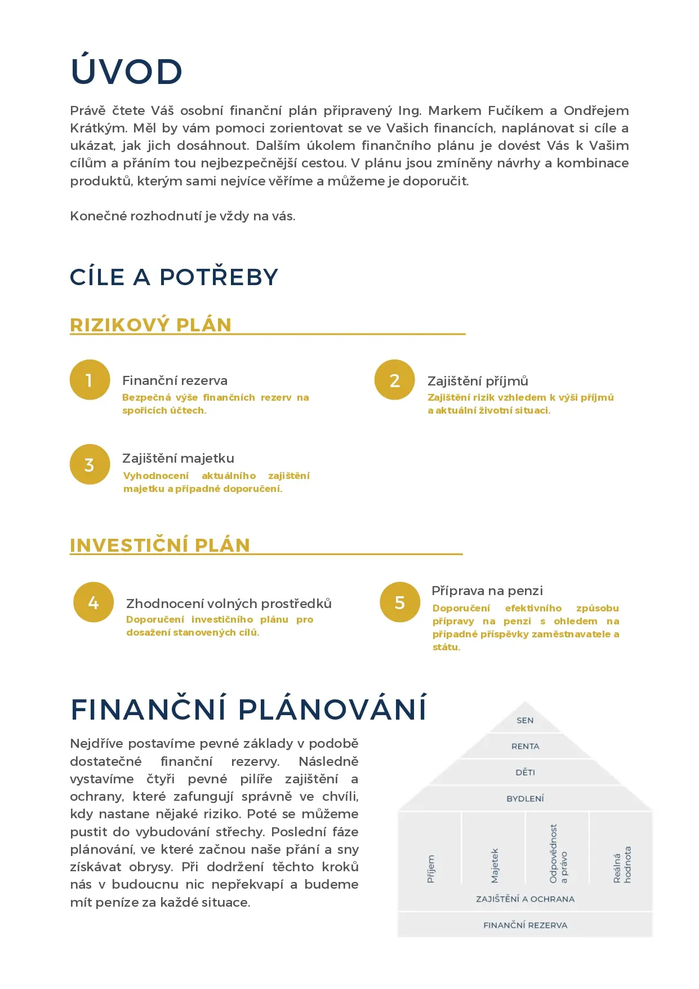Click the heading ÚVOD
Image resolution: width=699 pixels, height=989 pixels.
(x=126, y=72)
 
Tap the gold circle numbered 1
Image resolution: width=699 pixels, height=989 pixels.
(x=90, y=380)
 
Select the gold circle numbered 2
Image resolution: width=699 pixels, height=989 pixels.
(x=394, y=380)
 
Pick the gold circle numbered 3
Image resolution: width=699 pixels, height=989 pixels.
(x=90, y=464)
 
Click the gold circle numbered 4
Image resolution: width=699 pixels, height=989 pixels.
(x=94, y=602)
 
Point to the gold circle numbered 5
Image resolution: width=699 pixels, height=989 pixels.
(x=400, y=602)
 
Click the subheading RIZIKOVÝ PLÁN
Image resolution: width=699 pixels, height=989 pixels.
(x=150, y=325)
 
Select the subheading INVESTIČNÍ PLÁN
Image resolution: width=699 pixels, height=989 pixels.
(x=159, y=545)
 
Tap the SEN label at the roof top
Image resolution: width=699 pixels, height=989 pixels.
(x=525, y=720)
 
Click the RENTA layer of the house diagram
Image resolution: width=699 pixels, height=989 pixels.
(x=525, y=746)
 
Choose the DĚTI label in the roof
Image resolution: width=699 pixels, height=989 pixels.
(x=525, y=772)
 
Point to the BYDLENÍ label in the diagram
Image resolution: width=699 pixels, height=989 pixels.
(x=525, y=799)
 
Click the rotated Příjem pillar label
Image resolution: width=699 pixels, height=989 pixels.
(x=431, y=868)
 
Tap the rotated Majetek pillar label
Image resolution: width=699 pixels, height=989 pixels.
(x=495, y=866)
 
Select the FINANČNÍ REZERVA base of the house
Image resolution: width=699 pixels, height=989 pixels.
(x=525, y=925)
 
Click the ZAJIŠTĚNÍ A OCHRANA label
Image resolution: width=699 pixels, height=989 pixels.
(x=525, y=899)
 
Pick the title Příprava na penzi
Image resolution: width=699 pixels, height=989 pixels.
(x=487, y=591)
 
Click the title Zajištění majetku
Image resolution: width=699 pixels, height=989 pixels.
(x=178, y=458)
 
